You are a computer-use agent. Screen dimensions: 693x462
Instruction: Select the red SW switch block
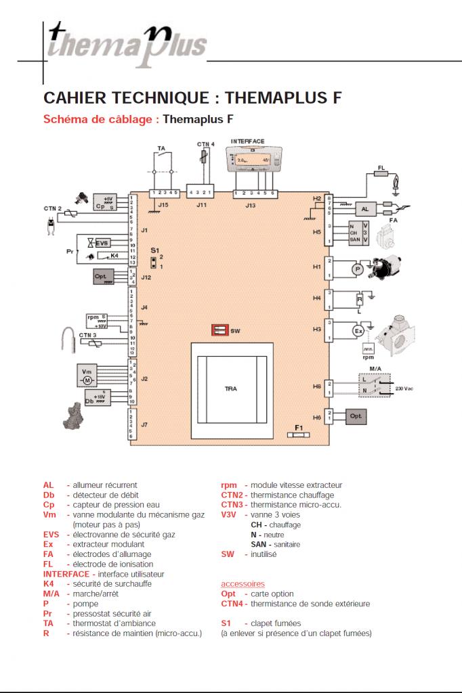tap(219, 330)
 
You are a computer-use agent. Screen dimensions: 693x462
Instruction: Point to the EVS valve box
tap(102, 242)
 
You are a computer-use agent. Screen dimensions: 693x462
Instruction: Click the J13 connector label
tap(251, 204)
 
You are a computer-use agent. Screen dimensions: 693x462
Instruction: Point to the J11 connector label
tap(201, 204)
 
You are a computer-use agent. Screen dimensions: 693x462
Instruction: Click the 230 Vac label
tap(404, 388)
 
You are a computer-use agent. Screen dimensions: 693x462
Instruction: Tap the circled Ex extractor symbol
tap(359, 330)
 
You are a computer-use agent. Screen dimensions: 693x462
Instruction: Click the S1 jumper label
tap(154, 250)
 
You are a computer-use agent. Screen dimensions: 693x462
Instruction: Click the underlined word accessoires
tap(243, 583)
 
